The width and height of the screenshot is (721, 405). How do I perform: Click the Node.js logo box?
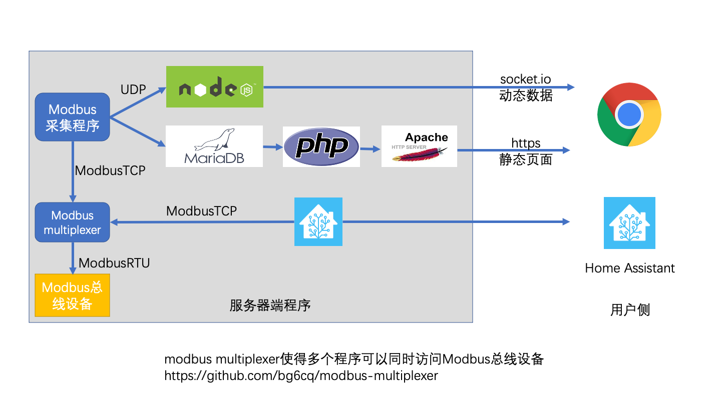(215, 87)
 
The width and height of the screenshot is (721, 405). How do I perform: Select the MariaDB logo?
(214, 146)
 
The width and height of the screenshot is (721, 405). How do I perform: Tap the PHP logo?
(321, 146)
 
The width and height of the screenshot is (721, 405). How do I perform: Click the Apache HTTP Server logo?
(419, 146)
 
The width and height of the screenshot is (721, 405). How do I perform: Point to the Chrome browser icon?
(629, 114)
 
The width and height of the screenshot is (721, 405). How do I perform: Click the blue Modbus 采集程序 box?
(73, 117)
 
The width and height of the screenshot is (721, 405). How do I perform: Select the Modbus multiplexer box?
(73, 222)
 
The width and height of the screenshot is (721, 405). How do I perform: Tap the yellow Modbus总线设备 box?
(73, 295)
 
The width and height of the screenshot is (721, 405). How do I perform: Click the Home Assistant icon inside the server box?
(318, 222)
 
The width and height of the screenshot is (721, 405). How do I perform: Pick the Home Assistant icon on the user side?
(629, 223)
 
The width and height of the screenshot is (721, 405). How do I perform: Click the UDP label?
(133, 89)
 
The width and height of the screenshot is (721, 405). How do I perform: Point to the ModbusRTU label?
(114, 263)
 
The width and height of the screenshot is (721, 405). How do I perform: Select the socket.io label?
(526, 79)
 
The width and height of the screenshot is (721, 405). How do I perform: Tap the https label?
(526, 143)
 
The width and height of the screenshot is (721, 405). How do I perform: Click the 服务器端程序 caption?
(270, 305)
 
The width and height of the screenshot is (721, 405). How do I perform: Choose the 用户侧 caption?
(630, 310)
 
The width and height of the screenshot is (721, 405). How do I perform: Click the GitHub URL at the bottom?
(301, 375)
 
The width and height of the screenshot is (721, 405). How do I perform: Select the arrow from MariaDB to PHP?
(273, 147)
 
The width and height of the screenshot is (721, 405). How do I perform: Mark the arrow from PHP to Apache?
(371, 149)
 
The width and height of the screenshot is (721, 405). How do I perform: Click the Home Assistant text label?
(630, 268)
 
